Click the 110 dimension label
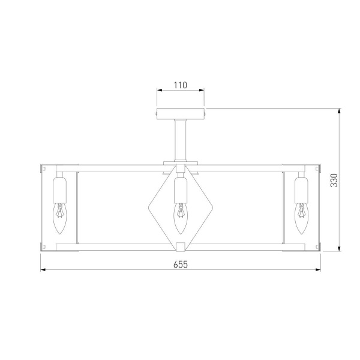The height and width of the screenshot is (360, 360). point(180,85)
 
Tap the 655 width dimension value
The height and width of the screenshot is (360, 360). point(181,265)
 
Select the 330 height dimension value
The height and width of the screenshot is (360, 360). point(334,180)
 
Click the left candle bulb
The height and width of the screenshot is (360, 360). point(59,218)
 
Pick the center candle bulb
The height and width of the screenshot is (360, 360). point(181,218)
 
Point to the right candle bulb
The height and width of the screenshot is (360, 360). point(301,218)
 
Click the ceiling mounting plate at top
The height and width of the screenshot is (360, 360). point(181,113)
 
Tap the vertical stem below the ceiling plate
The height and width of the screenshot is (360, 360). point(181,140)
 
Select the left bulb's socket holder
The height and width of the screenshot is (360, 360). point(59,190)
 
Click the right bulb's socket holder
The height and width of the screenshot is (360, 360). point(301,190)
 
